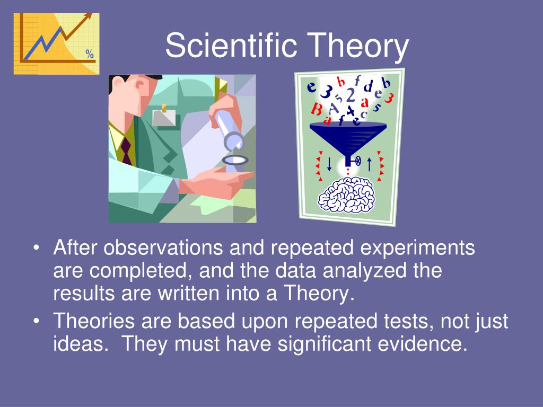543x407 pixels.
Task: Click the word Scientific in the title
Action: tap(231, 45)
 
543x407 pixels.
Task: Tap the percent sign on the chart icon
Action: tap(90, 54)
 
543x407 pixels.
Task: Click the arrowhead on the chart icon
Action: tap(88, 16)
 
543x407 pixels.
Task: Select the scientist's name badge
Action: tap(164, 118)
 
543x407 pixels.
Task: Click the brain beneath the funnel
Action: tap(347, 195)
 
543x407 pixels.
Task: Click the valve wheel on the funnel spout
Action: tap(358, 161)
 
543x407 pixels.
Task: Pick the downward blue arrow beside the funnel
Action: tap(329, 164)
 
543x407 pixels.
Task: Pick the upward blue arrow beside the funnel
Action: tap(369, 164)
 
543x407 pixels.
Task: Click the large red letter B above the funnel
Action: tap(316, 109)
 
